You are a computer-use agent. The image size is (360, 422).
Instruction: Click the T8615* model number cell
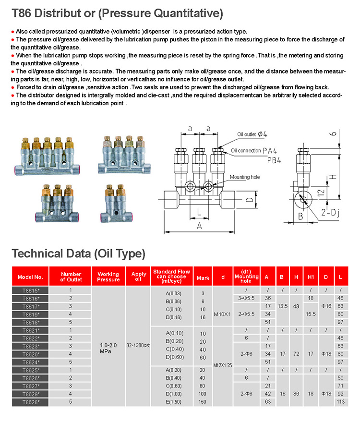(30, 290)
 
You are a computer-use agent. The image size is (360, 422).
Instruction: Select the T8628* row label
(30, 402)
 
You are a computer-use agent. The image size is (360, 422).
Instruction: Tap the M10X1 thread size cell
(222, 314)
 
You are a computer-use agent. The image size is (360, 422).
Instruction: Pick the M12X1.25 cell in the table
(222, 365)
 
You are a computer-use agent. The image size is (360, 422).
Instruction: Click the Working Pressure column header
(108, 277)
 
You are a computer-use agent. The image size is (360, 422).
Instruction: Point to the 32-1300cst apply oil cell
(138, 345)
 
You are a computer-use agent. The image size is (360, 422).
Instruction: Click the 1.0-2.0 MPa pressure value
(108, 348)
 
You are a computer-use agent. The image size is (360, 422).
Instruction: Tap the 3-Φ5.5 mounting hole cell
(246, 298)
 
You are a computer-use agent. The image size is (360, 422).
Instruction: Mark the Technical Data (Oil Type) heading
(78, 253)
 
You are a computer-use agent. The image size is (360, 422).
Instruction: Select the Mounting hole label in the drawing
(244, 177)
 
